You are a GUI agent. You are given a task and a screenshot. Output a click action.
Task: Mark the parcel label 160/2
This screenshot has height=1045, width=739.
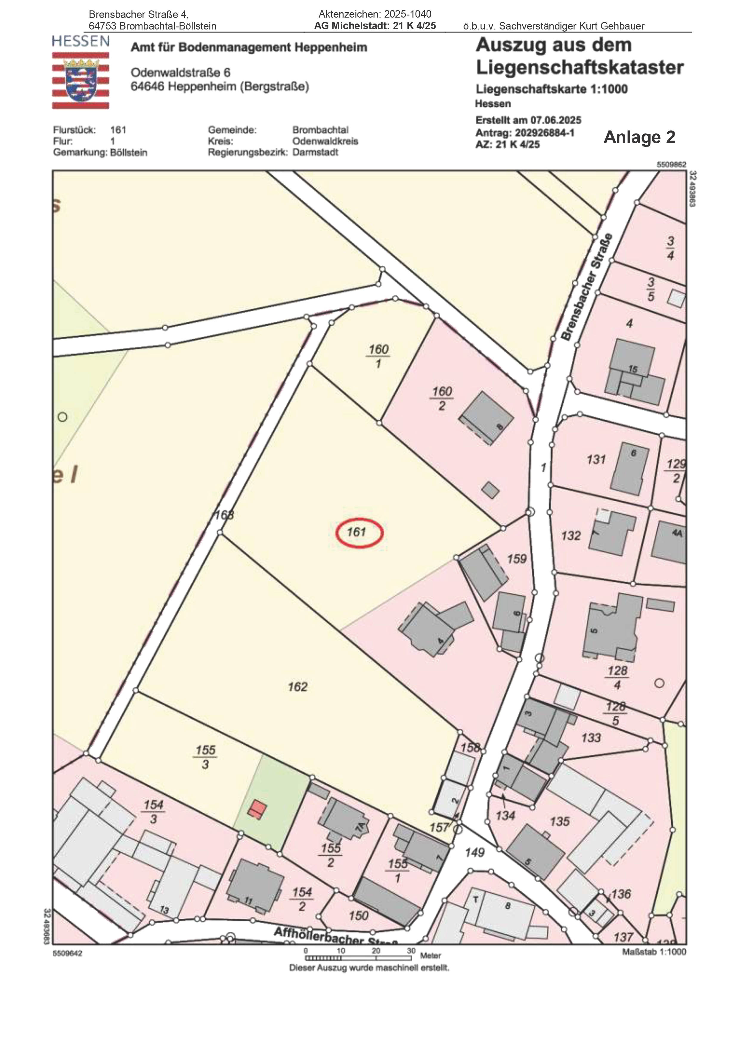(x=442, y=398)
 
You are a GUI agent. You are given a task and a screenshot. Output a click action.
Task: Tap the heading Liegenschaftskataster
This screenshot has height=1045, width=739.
(x=580, y=68)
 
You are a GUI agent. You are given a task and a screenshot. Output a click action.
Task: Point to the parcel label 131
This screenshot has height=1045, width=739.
(x=596, y=459)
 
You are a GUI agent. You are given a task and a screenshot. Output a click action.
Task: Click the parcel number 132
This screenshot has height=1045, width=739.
(x=571, y=535)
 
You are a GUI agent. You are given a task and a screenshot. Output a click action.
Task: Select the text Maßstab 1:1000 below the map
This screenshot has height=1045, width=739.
(x=654, y=952)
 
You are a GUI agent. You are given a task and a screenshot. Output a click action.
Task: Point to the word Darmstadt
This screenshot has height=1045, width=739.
(x=315, y=153)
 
